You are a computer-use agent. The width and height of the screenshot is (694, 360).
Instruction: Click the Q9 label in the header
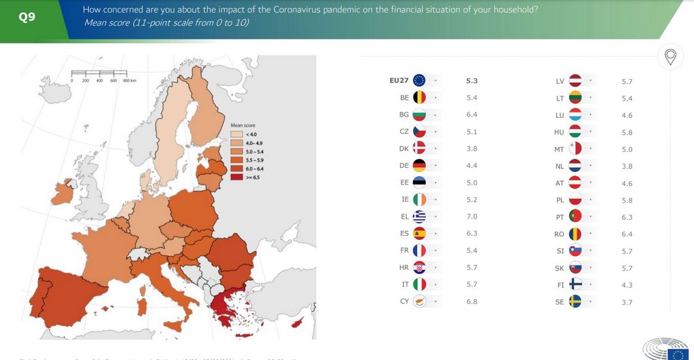coord(27,17)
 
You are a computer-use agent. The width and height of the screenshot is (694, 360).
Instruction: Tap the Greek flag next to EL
coord(419,216)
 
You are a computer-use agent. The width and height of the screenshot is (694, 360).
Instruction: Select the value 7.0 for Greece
coord(472,216)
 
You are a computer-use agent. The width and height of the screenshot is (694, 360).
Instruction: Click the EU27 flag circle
coord(419,80)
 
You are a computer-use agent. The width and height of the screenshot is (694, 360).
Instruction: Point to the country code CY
coord(404,302)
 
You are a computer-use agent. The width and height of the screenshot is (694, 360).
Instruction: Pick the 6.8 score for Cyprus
coord(472,302)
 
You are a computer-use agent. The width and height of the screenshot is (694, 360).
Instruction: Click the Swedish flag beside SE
coord(575,302)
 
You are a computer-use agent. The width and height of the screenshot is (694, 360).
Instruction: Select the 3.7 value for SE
coord(627,302)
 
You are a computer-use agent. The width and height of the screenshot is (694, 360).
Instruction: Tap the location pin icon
coord(670,57)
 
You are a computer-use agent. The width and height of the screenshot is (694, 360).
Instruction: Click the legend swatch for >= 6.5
coord(237,178)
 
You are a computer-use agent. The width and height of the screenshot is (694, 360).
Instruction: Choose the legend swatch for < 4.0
coord(237,134)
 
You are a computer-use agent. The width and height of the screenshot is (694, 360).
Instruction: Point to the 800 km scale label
coord(130,81)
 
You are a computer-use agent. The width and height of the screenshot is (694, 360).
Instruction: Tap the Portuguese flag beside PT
coord(575,217)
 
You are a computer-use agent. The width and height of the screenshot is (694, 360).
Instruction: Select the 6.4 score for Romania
coord(627,234)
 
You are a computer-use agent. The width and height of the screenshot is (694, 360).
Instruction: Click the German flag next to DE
coord(419,165)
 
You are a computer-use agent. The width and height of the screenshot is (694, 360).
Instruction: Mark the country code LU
coord(559,115)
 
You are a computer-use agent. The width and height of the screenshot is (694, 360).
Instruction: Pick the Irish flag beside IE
coord(419,199)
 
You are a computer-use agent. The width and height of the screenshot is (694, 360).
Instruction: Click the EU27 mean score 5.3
coord(472,80)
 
